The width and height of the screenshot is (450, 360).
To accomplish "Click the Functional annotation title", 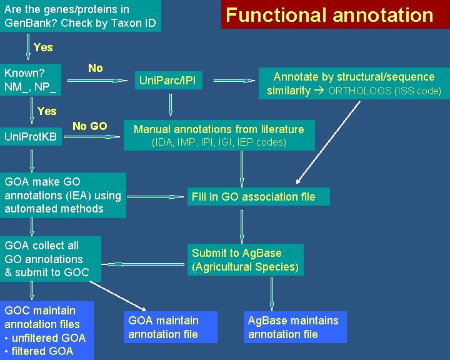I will [x=329, y=15].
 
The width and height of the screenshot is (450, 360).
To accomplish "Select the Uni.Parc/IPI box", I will [x=167, y=81].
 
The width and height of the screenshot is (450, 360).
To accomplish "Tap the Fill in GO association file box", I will [x=253, y=197].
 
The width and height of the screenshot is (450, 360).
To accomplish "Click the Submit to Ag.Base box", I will [x=245, y=260].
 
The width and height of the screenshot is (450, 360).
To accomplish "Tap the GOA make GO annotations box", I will [x=62, y=195].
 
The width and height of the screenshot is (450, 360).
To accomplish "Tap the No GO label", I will [x=89, y=126].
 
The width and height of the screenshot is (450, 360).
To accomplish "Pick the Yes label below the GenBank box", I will [x=43, y=47].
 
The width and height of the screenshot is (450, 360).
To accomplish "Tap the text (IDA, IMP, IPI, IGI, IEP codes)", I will [x=219, y=142].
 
